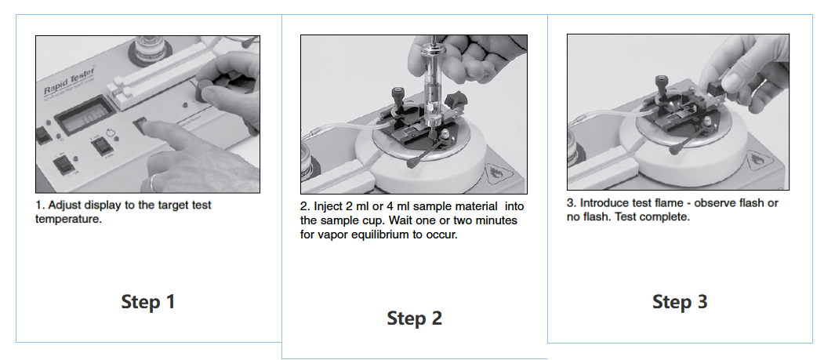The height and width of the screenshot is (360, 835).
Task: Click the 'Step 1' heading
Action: (x=148, y=302)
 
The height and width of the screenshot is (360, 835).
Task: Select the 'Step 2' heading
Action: (x=414, y=318)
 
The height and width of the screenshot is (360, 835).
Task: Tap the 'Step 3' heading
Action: (x=680, y=302)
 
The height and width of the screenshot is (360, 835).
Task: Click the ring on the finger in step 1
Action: (x=152, y=183)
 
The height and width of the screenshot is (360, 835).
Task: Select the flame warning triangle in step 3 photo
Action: (x=758, y=160)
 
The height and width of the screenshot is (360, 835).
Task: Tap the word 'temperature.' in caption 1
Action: (x=68, y=219)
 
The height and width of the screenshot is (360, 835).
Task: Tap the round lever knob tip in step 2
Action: (x=411, y=163)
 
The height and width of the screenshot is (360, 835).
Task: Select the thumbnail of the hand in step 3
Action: (x=733, y=82)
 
